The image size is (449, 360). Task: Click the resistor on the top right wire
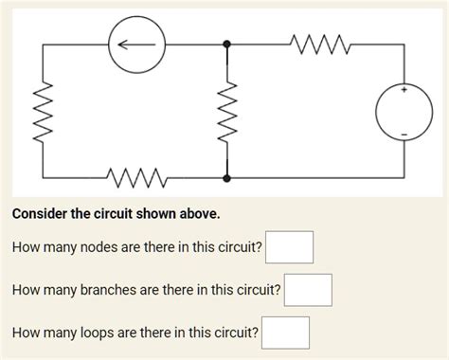314,43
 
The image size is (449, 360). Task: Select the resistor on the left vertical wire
42,110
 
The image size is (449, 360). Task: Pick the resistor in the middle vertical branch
225,110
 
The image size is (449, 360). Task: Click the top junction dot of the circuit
225,44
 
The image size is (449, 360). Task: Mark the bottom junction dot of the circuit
225,177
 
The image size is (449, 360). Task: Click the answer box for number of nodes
289,248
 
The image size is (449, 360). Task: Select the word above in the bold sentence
200,214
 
